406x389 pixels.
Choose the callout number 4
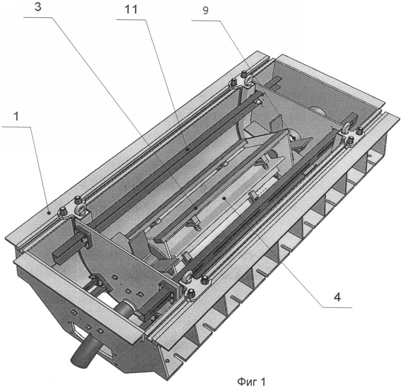click(337, 297)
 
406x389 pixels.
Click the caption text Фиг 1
click(252, 382)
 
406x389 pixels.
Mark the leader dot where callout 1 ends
click(49, 213)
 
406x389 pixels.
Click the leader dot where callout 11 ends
click(187, 149)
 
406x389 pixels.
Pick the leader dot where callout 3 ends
click(196, 208)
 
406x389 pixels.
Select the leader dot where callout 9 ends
click(294, 138)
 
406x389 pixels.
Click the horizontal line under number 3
click(38, 18)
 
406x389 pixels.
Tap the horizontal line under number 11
click(131, 19)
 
